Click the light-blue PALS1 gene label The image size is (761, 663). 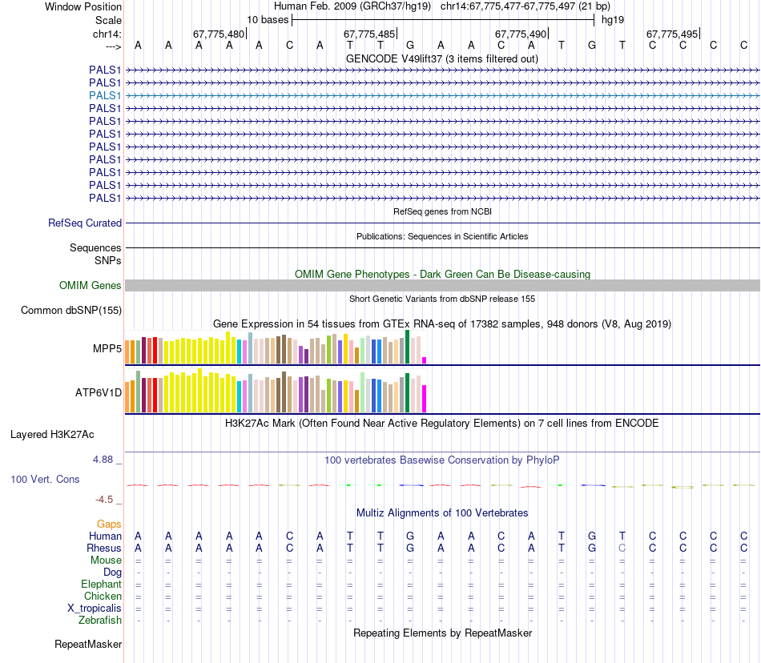[105, 95]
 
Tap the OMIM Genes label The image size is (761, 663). [91, 286]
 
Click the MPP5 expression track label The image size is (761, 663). [107, 349]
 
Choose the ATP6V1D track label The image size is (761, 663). [98, 393]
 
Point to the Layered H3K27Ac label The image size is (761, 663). [52, 436]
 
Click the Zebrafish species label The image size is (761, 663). [100, 621]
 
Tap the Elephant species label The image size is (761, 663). [101, 585]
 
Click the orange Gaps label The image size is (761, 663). [109, 524]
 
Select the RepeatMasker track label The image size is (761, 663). [88, 645]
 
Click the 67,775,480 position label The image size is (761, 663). [219, 34]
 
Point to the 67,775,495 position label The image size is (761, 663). [672, 34]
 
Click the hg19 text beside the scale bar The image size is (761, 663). [613, 19]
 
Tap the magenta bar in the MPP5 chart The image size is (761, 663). [425, 360]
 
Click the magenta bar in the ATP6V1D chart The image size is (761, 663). [425, 398]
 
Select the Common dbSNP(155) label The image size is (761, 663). [71, 311]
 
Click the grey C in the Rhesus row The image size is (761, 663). [622, 548]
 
